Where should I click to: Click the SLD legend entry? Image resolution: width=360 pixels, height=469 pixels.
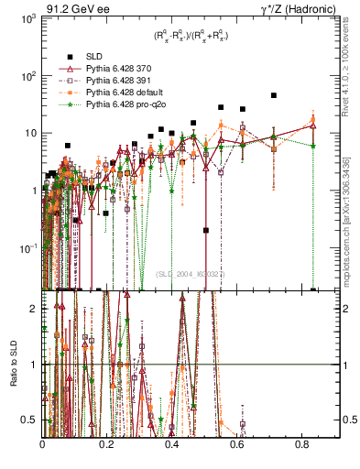click(97, 55)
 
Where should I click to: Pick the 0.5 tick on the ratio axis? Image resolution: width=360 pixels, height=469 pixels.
click(30, 420)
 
